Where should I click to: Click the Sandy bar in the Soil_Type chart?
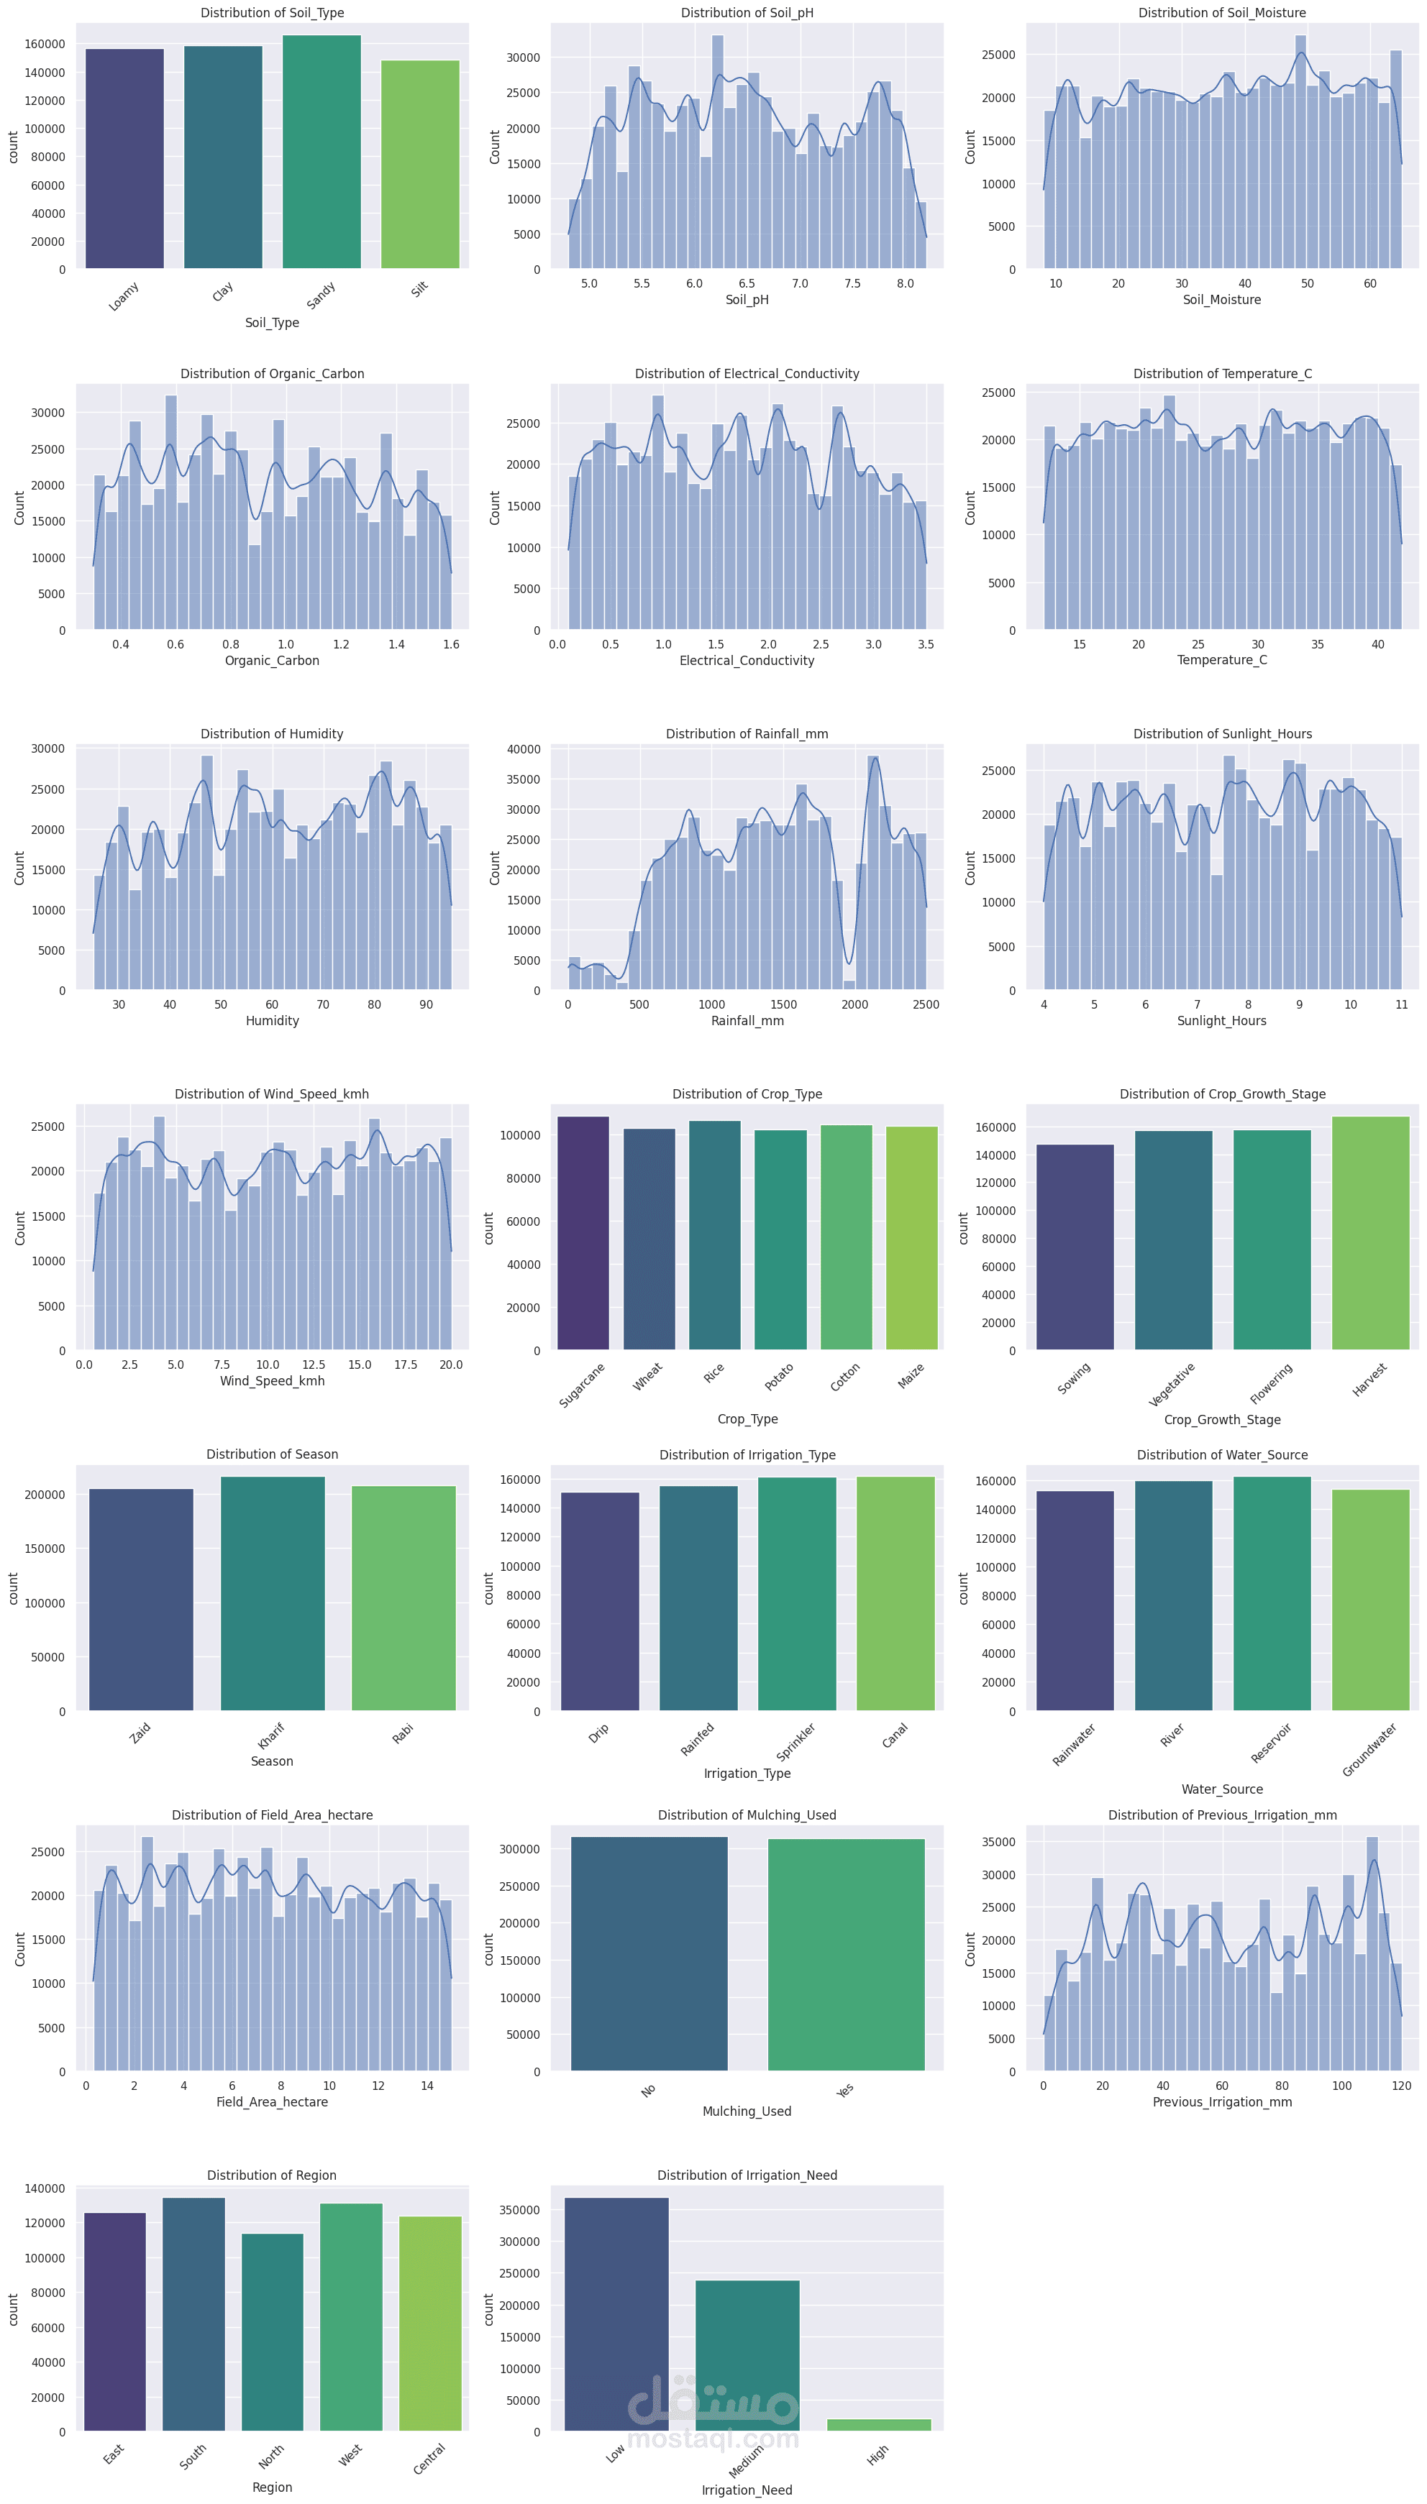322,152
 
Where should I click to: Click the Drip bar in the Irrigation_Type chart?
600,1601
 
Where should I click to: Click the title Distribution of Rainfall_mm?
747,734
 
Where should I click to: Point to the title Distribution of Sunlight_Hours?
1222,734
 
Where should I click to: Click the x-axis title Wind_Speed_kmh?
273,1380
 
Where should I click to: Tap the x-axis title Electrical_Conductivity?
747,660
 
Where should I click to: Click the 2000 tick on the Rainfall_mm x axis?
854,1004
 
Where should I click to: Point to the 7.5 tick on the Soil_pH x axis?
852,283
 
